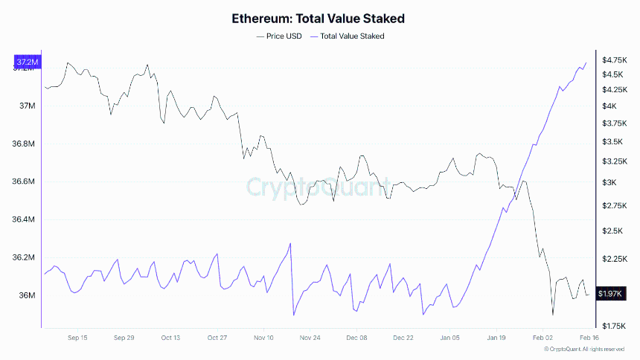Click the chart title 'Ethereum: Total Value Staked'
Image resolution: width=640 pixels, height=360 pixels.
(319, 18)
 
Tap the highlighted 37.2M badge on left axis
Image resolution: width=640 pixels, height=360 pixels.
(27, 61)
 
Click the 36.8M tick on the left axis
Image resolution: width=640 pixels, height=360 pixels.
(26, 144)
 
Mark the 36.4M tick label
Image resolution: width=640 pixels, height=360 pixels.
(26, 219)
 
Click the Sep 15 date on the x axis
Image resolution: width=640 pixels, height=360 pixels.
(77, 337)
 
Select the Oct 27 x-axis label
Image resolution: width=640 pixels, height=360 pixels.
(217, 337)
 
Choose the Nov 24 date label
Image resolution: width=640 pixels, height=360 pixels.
(310, 337)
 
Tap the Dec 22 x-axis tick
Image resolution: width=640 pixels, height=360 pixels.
(403, 337)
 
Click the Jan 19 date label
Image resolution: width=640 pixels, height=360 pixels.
(496, 337)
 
